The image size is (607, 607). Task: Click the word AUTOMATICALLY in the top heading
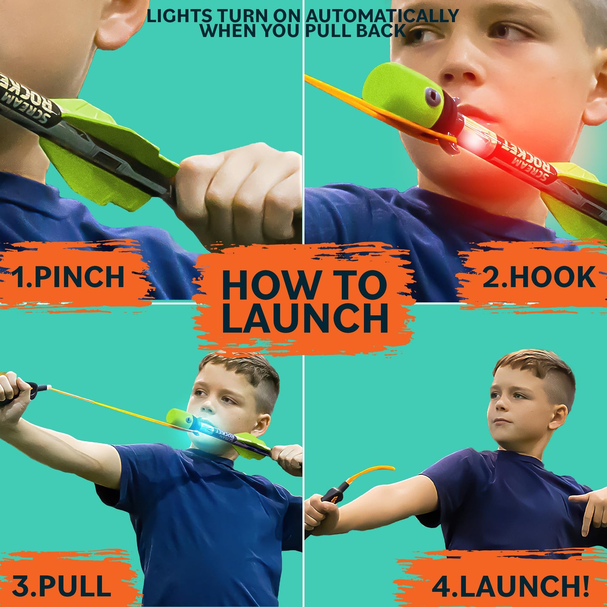(382, 16)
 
